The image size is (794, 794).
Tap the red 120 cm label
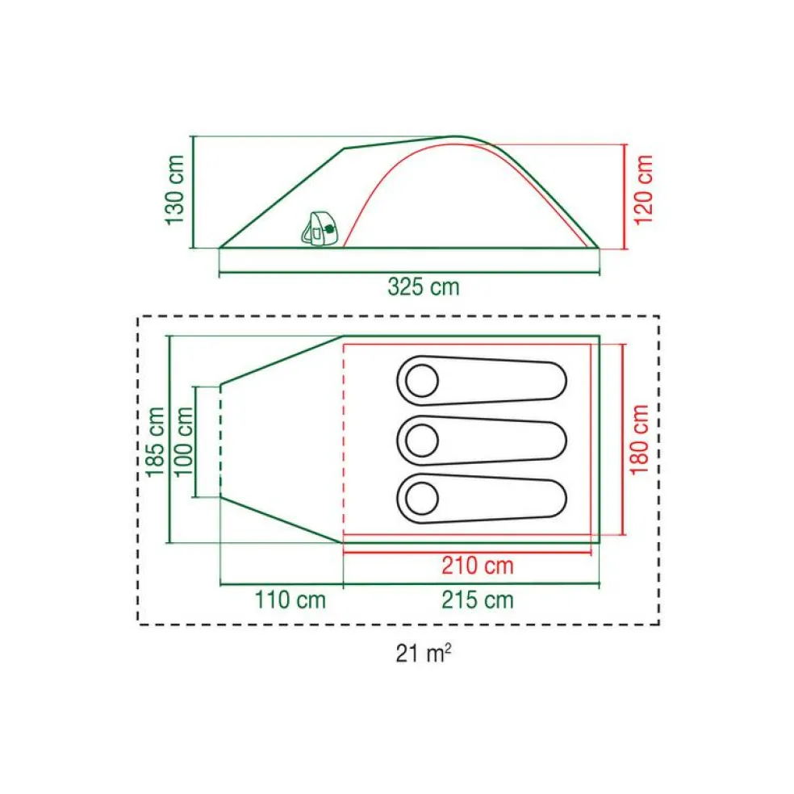(x=643, y=191)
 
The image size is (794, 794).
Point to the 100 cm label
(x=185, y=441)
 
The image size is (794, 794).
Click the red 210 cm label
(x=477, y=566)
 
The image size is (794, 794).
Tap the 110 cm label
(x=290, y=600)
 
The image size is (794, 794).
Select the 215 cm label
(x=477, y=600)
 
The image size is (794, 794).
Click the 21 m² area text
(x=423, y=653)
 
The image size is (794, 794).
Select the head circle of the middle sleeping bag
(x=421, y=441)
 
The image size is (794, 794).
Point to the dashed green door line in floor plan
(x=221, y=441)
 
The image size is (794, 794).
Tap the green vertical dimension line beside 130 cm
(x=194, y=191)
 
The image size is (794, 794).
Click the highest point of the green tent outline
(x=456, y=136)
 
